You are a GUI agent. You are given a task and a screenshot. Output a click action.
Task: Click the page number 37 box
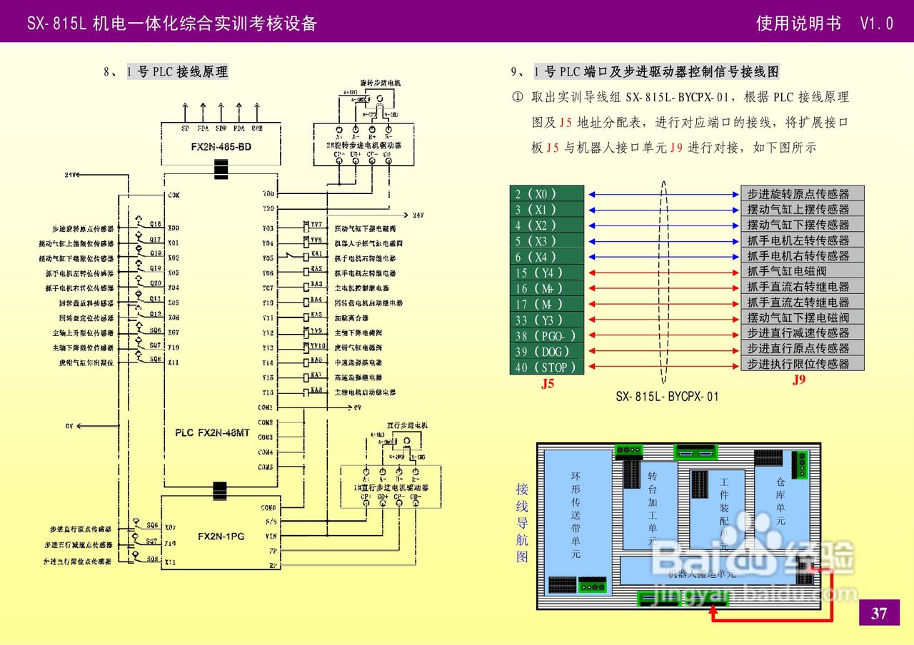[x=879, y=613]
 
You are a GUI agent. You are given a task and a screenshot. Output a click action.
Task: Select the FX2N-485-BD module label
[x=221, y=147]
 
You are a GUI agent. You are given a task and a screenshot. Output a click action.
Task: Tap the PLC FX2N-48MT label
[x=212, y=432]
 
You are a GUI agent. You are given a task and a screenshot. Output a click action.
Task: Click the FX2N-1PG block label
[x=221, y=536]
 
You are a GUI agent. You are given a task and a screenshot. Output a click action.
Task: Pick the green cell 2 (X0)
[x=546, y=194]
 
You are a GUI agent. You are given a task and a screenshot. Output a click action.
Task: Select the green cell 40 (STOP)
[x=546, y=367]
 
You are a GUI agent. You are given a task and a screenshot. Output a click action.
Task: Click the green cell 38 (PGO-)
[x=546, y=336]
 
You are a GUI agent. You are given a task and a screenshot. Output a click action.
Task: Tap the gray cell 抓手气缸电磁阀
[x=802, y=271]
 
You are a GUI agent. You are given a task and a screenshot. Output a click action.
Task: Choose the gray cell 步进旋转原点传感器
[x=802, y=194]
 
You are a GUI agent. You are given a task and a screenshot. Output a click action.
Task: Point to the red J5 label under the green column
[x=548, y=384]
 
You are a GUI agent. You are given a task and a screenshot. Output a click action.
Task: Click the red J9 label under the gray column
[x=799, y=380]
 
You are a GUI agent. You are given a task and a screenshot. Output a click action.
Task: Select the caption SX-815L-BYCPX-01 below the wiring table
[x=667, y=397]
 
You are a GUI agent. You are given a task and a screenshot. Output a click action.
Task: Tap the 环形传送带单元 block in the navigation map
[x=576, y=514]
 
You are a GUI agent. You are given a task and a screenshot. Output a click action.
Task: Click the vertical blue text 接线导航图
[x=523, y=522]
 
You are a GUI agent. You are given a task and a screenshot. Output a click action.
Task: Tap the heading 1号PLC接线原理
[x=178, y=72]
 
